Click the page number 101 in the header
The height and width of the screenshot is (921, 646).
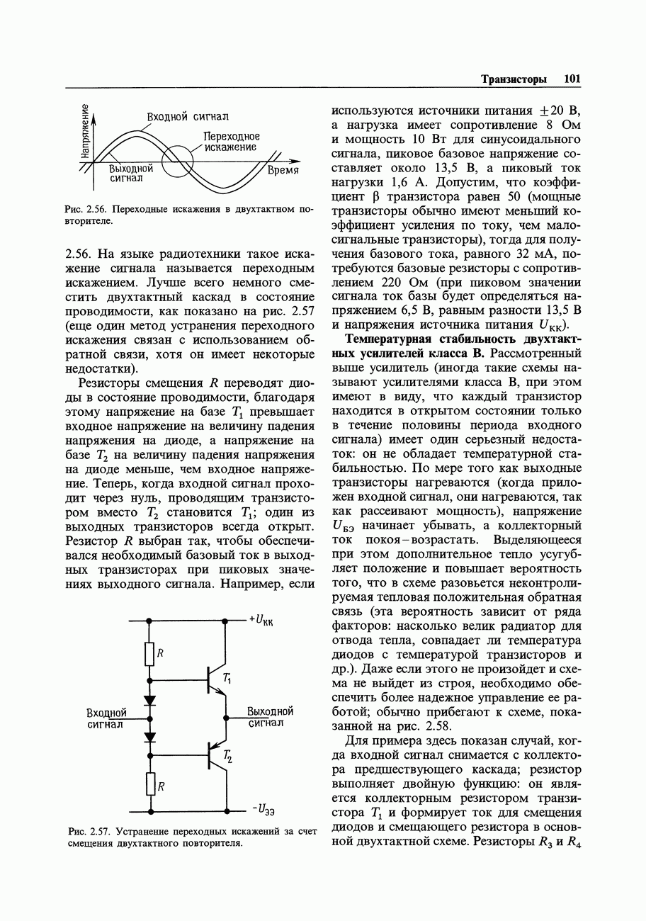click(x=572, y=79)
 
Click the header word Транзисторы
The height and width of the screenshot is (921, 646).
click(x=514, y=79)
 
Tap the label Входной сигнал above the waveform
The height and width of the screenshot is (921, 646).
click(x=188, y=116)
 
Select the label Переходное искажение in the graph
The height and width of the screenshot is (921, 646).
click(x=231, y=142)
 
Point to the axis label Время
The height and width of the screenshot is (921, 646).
click(x=283, y=171)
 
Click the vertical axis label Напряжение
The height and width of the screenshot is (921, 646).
click(x=85, y=130)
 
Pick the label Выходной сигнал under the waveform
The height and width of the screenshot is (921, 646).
click(x=131, y=174)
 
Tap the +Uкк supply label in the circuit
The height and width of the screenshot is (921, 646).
click(x=261, y=621)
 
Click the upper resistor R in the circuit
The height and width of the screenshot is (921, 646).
click(x=149, y=654)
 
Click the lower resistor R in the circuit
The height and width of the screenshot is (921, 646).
click(x=149, y=783)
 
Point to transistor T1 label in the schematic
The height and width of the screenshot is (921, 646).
click(x=227, y=678)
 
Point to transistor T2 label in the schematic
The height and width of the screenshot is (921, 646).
click(x=227, y=757)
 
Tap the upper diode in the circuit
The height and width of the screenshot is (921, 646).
click(x=149, y=700)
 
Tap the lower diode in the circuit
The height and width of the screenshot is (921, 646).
click(x=149, y=737)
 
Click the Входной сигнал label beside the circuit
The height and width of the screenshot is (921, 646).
click(x=106, y=718)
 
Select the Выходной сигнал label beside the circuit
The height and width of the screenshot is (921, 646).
click(x=270, y=717)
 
